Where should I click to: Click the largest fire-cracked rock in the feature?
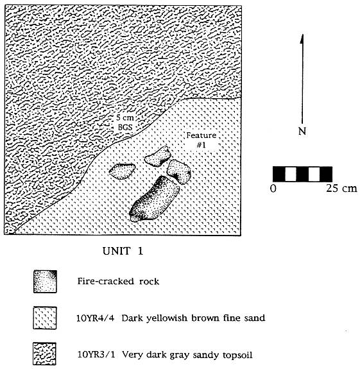pyautogui.click(x=155, y=199)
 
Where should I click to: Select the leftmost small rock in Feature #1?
pyautogui.click(x=122, y=171)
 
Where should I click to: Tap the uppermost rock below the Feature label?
pyautogui.click(x=157, y=156)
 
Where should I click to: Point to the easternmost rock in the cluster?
pyautogui.click(x=178, y=171)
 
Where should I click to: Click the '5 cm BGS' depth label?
pyautogui.click(x=125, y=123)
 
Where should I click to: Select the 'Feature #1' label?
pyautogui.click(x=201, y=140)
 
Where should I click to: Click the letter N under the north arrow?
pyautogui.click(x=302, y=132)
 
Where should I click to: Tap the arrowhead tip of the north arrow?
pyautogui.click(x=302, y=35)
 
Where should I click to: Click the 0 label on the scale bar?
pyautogui.click(x=273, y=188)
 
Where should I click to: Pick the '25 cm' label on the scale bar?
pyautogui.click(x=341, y=188)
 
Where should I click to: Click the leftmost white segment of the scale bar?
pyautogui.click(x=291, y=174)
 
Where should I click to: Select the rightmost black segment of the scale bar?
pyautogui.click(x=326, y=174)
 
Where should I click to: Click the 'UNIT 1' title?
pyautogui.click(x=123, y=251)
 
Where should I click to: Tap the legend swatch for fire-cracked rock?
pyautogui.click(x=45, y=282)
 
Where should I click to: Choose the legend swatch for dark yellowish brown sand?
pyautogui.click(x=45, y=318)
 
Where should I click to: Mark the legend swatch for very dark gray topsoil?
pyautogui.click(x=44, y=354)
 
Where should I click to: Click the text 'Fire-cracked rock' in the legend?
pyautogui.click(x=118, y=281)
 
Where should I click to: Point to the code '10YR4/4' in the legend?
pyautogui.click(x=95, y=318)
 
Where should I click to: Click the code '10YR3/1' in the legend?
pyautogui.click(x=96, y=354)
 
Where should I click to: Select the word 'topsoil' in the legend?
pyautogui.click(x=237, y=355)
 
